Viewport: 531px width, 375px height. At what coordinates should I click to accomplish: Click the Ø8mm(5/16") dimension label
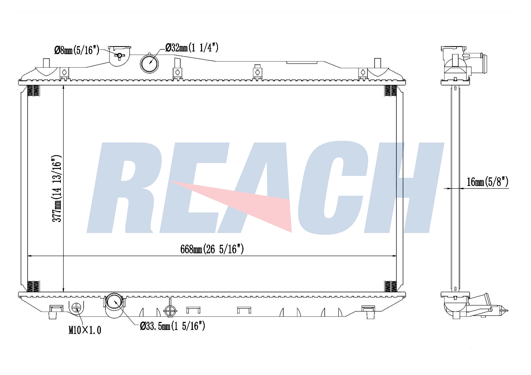coord(77,50)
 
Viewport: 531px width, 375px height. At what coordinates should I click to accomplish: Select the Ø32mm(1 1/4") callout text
coord(192,48)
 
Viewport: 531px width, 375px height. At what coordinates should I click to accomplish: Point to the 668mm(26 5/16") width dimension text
coord(212,249)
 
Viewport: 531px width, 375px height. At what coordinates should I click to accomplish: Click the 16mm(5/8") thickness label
coord(488,182)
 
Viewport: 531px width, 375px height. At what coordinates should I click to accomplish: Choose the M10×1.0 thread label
coord(85,330)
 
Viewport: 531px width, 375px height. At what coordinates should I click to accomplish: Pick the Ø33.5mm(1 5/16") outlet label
coord(173,326)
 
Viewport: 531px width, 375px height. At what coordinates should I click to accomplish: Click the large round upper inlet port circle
coord(149,64)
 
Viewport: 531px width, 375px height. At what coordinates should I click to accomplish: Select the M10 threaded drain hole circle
coord(76,308)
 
